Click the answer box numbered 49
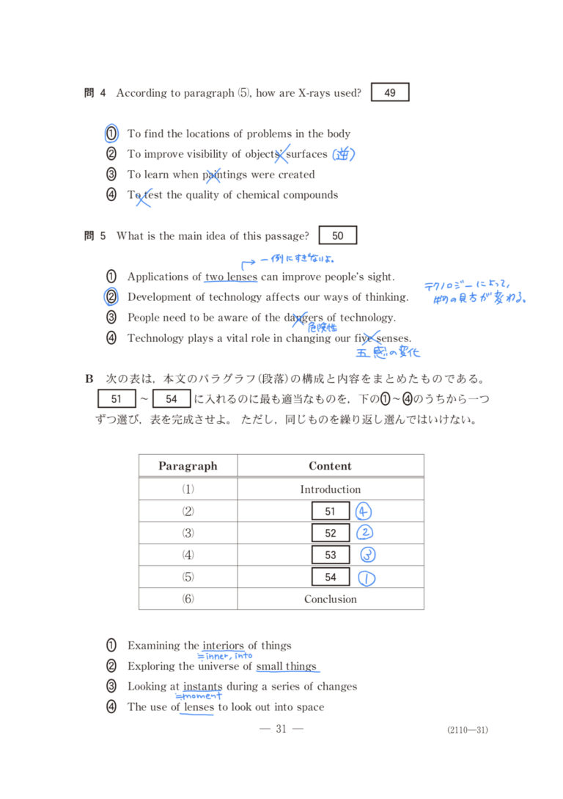click(390, 92)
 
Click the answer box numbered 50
click(337, 236)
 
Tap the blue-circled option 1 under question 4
click(111, 134)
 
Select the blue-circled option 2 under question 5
click(111, 297)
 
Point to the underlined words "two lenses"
click(231, 277)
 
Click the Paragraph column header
click(188, 466)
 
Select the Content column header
click(330, 466)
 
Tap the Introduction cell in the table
click(330, 489)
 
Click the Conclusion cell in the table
click(331, 599)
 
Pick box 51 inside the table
click(330, 511)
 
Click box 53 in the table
click(330, 555)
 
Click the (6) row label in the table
click(188, 599)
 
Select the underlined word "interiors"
click(223, 646)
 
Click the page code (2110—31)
click(467, 729)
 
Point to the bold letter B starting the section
click(89, 379)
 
